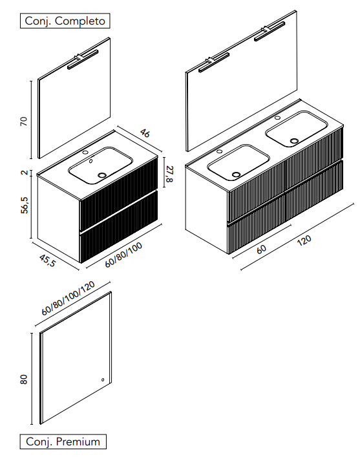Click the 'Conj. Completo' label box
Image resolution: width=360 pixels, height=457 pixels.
pos(65,21)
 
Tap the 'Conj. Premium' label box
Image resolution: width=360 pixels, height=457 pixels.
pos(63,441)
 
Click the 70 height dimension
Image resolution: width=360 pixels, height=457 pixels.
pos(24,122)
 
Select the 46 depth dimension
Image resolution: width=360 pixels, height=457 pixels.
pos(145,133)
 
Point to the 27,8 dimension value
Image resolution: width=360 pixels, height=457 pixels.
pos(169,174)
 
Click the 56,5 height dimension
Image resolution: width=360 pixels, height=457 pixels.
pos(25,205)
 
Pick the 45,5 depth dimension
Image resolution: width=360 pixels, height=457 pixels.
pos(47,260)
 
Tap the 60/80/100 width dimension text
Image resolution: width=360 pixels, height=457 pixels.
pos(123,255)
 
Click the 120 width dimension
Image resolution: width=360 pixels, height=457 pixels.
pos(304,240)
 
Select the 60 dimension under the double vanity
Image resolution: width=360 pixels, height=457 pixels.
pos(261,249)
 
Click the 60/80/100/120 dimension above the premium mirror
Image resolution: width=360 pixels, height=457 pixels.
pos(69,298)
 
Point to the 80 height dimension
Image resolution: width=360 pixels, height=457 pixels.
pos(24,379)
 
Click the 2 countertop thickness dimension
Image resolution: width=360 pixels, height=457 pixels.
pos(25,173)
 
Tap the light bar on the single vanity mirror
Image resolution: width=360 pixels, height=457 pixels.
pos(83,59)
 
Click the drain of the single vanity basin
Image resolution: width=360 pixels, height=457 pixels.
pos(102,175)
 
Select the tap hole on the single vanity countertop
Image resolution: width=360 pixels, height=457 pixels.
pos(85,152)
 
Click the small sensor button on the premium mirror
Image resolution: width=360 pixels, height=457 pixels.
pos(103,379)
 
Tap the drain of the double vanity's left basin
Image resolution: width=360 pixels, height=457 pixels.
pos(236,175)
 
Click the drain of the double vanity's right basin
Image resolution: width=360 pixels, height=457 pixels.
pos(295,141)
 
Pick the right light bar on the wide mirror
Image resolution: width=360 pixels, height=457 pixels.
pos(270,31)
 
